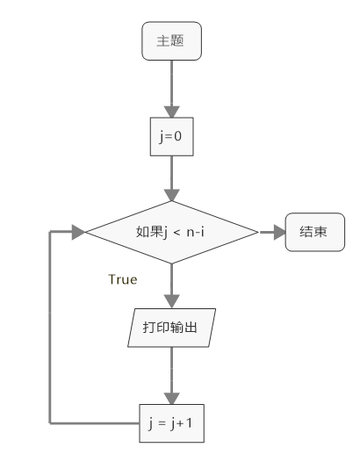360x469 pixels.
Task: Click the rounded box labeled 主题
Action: tap(171, 41)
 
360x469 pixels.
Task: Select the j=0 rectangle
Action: tap(171, 137)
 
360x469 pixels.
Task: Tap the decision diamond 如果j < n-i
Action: tap(171, 232)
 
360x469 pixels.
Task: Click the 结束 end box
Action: tap(315, 232)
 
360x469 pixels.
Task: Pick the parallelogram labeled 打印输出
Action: tap(171, 328)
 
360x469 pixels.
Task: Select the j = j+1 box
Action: tap(171, 423)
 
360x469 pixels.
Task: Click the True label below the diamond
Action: tap(123, 279)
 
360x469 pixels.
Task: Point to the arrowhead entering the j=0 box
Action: tap(171, 112)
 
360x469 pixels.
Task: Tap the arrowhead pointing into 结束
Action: tap(280, 232)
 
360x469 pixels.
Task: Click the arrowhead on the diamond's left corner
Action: tap(79, 232)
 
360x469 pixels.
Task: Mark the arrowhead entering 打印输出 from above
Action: tap(171, 301)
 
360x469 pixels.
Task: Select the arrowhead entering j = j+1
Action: tap(171, 399)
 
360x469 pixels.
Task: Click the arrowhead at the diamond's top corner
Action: tap(171, 195)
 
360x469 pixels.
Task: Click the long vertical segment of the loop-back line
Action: tap(50, 328)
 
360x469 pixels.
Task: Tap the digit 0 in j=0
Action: tap(177, 136)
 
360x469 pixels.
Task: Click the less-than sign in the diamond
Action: tap(176, 232)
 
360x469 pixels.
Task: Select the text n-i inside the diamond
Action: tap(196, 232)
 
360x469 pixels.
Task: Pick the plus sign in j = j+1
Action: tap(180, 423)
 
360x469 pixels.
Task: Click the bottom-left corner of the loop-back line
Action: tap(50, 423)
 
